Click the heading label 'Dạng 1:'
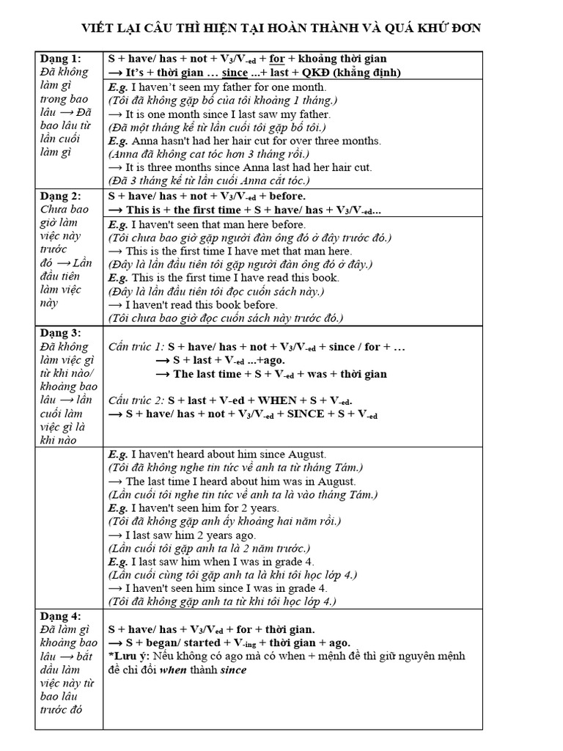click(62, 59)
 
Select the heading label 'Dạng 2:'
click(62, 196)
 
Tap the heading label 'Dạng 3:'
click(62, 332)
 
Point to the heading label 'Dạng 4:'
click(62, 615)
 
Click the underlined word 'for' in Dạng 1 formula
click(277, 59)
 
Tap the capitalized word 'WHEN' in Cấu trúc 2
click(278, 400)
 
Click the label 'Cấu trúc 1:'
click(136, 346)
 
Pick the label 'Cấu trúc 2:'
click(136, 400)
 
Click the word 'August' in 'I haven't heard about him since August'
click(307, 455)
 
